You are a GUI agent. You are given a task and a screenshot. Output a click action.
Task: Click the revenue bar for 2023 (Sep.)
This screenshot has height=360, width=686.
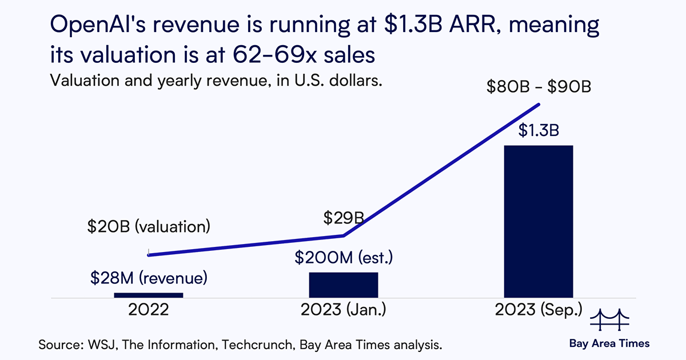(x=538, y=221)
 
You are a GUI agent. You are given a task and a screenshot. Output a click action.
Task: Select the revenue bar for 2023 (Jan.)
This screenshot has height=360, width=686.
(x=344, y=285)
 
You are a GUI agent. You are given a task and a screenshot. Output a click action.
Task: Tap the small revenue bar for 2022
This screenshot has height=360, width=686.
(x=149, y=295)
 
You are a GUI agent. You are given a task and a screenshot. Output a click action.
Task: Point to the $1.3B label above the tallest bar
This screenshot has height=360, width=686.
(x=538, y=131)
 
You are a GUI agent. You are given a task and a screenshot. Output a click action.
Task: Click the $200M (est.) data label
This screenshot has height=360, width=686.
(x=344, y=258)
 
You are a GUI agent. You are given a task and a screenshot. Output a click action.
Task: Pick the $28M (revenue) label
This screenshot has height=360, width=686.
(x=148, y=279)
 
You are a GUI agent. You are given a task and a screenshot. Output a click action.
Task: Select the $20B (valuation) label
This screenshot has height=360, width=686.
(x=148, y=226)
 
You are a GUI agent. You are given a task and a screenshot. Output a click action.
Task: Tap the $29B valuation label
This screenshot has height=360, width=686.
(x=344, y=218)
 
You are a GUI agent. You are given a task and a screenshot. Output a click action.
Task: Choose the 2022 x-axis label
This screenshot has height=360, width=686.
(x=149, y=311)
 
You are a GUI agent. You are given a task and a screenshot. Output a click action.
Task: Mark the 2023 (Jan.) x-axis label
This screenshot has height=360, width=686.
(x=344, y=311)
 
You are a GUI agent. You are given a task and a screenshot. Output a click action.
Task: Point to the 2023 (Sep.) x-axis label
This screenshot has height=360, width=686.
(x=538, y=311)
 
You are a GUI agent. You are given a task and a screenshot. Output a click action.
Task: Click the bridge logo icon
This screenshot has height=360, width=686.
(x=609, y=321)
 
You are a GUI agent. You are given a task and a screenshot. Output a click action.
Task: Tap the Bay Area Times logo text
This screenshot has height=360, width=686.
(x=609, y=343)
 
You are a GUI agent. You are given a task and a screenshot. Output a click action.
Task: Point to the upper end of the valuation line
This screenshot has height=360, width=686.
(x=539, y=104)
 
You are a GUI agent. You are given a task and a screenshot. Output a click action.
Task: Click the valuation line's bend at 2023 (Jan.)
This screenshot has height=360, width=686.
(x=344, y=235)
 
